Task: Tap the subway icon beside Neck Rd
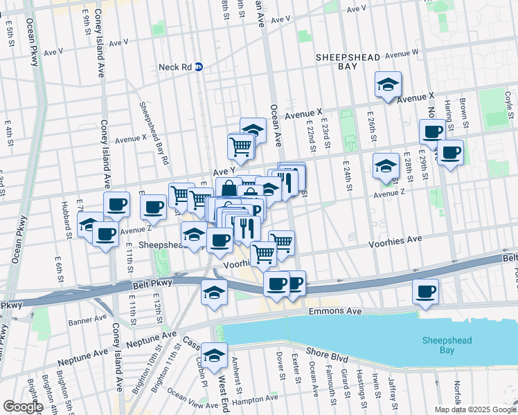click(x=199, y=67)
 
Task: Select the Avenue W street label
click(x=402, y=53)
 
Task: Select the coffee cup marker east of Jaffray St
click(x=425, y=290)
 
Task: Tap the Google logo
click(x=22, y=407)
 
